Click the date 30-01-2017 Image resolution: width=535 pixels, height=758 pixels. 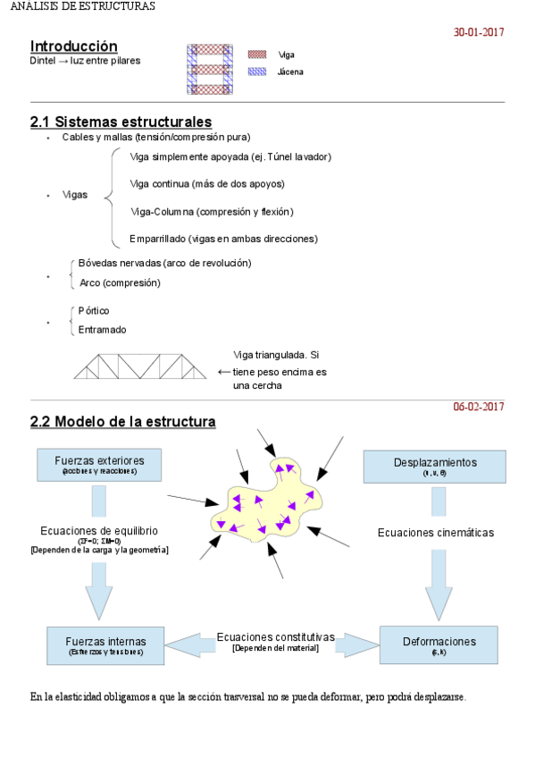(479, 32)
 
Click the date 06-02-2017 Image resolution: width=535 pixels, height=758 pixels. (479, 407)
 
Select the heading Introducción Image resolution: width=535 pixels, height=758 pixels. (73, 46)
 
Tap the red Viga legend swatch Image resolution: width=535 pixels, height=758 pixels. (257, 55)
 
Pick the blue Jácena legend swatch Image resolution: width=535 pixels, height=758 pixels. (257, 72)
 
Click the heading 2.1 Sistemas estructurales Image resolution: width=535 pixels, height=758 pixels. (121, 122)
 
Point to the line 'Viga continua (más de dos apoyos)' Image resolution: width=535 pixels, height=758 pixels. (207, 184)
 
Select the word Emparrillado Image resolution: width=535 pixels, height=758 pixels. (158, 239)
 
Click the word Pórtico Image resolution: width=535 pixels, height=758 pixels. (94, 310)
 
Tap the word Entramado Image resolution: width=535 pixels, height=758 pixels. (103, 329)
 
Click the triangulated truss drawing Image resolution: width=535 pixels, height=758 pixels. (139, 366)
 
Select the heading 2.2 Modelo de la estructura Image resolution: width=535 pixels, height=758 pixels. (122, 421)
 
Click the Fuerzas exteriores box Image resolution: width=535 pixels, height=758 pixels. (99, 465)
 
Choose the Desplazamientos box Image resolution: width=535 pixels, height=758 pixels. (435, 466)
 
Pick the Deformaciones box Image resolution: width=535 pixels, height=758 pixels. (439, 644)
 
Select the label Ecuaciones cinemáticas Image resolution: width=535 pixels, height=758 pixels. (435, 533)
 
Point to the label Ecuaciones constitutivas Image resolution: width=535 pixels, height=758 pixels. (275, 637)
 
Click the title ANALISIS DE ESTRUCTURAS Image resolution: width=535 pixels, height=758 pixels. (78, 6)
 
